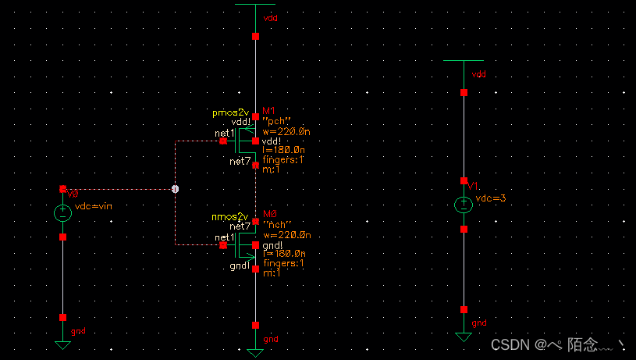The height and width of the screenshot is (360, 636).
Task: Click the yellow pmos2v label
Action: coord(230,112)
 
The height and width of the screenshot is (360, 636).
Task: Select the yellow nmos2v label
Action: coord(230,216)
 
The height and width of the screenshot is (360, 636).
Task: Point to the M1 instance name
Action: coord(269,111)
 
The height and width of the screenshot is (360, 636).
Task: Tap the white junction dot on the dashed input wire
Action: coord(175,189)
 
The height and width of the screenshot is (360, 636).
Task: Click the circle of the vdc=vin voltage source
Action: coord(63,212)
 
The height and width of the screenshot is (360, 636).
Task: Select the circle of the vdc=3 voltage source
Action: coord(464,205)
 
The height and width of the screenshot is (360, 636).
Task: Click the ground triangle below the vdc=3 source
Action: coord(464,337)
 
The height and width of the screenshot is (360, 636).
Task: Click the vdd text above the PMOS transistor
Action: coord(270,16)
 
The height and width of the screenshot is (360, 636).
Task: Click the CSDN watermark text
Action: coord(510,344)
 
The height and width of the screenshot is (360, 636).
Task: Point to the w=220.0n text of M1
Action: coord(286,130)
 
